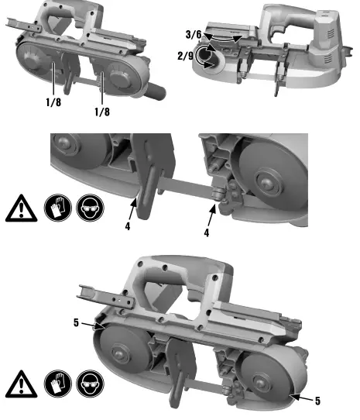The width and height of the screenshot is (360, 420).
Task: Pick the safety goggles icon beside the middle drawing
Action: pyautogui.click(x=87, y=209)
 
